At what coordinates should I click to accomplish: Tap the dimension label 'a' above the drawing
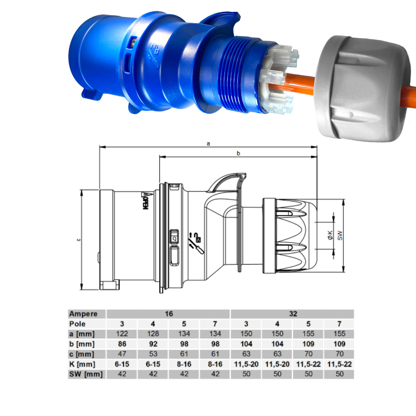click(x=208, y=144)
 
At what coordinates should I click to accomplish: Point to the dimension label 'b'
click(x=238, y=153)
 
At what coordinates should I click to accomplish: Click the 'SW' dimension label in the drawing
click(x=340, y=235)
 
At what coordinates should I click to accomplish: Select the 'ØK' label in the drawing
click(x=330, y=235)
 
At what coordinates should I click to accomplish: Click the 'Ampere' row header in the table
click(x=83, y=314)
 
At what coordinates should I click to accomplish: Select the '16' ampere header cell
click(x=168, y=314)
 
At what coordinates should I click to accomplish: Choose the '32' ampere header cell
click(x=293, y=314)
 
